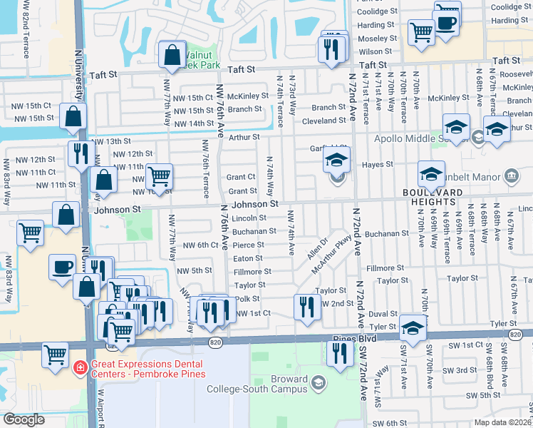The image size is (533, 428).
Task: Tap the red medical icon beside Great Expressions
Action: click(81, 367)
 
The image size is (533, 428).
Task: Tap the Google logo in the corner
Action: click(24, 419)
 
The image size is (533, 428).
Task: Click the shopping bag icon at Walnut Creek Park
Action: click(173, 54)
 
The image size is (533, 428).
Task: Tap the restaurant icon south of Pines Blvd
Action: click(340, 352)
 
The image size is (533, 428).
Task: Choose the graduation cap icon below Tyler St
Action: click(412, 327)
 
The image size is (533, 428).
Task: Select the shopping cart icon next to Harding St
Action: click(421, 31)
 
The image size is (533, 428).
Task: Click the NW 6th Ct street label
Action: click(200, 245)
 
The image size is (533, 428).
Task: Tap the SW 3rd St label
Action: click(467, 370)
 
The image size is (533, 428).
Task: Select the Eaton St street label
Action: click(248, 258)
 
